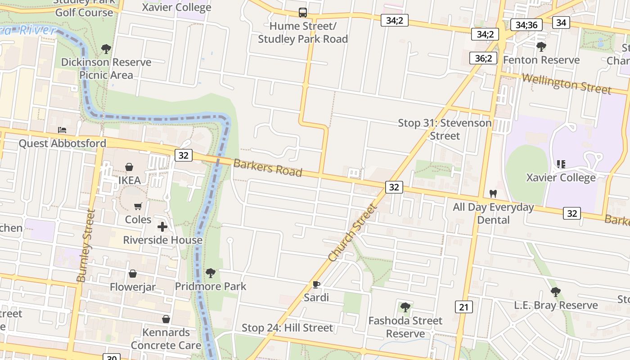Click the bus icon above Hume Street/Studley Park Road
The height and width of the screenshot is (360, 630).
pyautogui.click(x=303, y=13)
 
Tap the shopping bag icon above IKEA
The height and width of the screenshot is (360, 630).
pyautogui.click(x=129, y=167)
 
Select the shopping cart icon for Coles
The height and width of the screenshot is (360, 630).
pyautogui.click(x=138, y=206)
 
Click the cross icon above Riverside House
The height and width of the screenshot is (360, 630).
pyautogui.click(x=162, y=227)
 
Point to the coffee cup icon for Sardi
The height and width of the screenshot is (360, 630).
pyautogui.click(x=316, y=284)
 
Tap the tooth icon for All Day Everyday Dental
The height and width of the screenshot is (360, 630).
pyautogui.click(x=493, y=194)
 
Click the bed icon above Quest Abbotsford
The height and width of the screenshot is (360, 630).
pyautogui.click(x=62, y=130)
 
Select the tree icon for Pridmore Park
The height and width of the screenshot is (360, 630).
pyautogui.click(x=210, y=273)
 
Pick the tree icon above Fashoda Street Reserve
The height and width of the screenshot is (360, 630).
pyautogui.click(x=405, y=307)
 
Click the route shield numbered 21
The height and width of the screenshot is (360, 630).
pyautogui.click(x=463, y=307)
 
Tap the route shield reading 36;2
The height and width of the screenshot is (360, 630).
pyautogui.click(x=483, y=58)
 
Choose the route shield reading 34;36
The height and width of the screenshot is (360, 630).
pyautogui.click(x=526, y=25)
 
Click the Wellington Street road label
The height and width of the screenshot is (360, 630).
pyautogui.click(x=567, y=84)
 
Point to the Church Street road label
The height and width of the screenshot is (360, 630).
pyautogui.click(x=352, y=233)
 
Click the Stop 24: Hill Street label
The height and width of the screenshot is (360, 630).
pyautogui.click(x=287, y=328)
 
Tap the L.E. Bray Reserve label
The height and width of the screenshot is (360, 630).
pyautogui.click(x=556, y=305)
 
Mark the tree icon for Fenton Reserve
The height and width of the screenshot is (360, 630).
pyautogui.click(x=541, y=46)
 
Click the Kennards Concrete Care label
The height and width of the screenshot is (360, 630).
pyautogui.click(x=166, y=339)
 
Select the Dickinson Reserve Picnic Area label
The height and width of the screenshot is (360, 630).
pyautogui.click(x=106, y=68)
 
